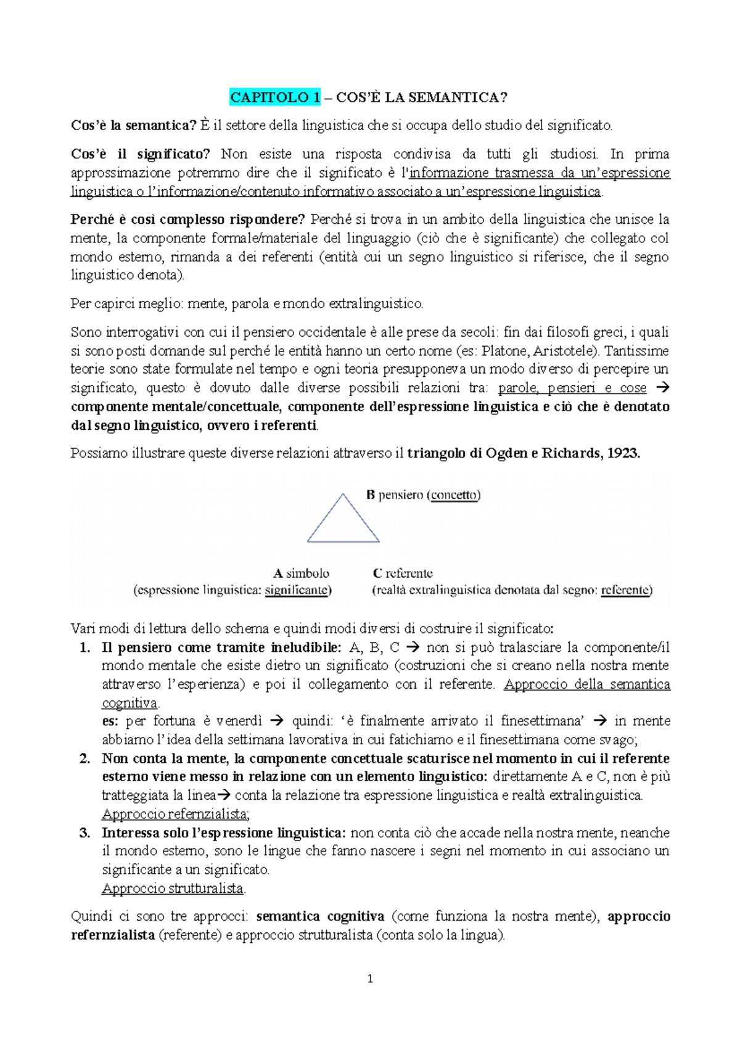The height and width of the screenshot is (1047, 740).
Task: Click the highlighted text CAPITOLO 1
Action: (275, 97)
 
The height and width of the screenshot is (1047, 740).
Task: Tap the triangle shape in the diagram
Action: (343, 522)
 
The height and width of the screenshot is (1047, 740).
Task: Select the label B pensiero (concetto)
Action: (423, 495)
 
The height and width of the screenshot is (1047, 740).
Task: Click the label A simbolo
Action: (301, 573)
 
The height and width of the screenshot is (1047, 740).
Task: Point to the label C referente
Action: (403, 573)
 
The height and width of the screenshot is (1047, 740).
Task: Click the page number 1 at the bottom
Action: (369, 979)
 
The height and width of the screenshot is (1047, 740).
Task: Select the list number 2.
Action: (85, 758)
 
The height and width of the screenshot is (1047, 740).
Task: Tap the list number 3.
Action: (85, 832)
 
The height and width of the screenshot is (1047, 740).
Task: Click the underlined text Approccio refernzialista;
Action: (175, 814)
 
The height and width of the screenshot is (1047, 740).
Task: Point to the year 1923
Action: (623, 453)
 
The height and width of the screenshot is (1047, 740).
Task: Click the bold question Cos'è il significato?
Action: (140, 154)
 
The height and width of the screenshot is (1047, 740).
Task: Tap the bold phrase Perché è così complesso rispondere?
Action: (188, 220)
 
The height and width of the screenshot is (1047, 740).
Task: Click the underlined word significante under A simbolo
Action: (296, 590)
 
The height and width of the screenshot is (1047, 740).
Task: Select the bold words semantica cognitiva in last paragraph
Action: (320, 916)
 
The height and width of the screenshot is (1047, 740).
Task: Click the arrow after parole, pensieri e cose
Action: (663, 388)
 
